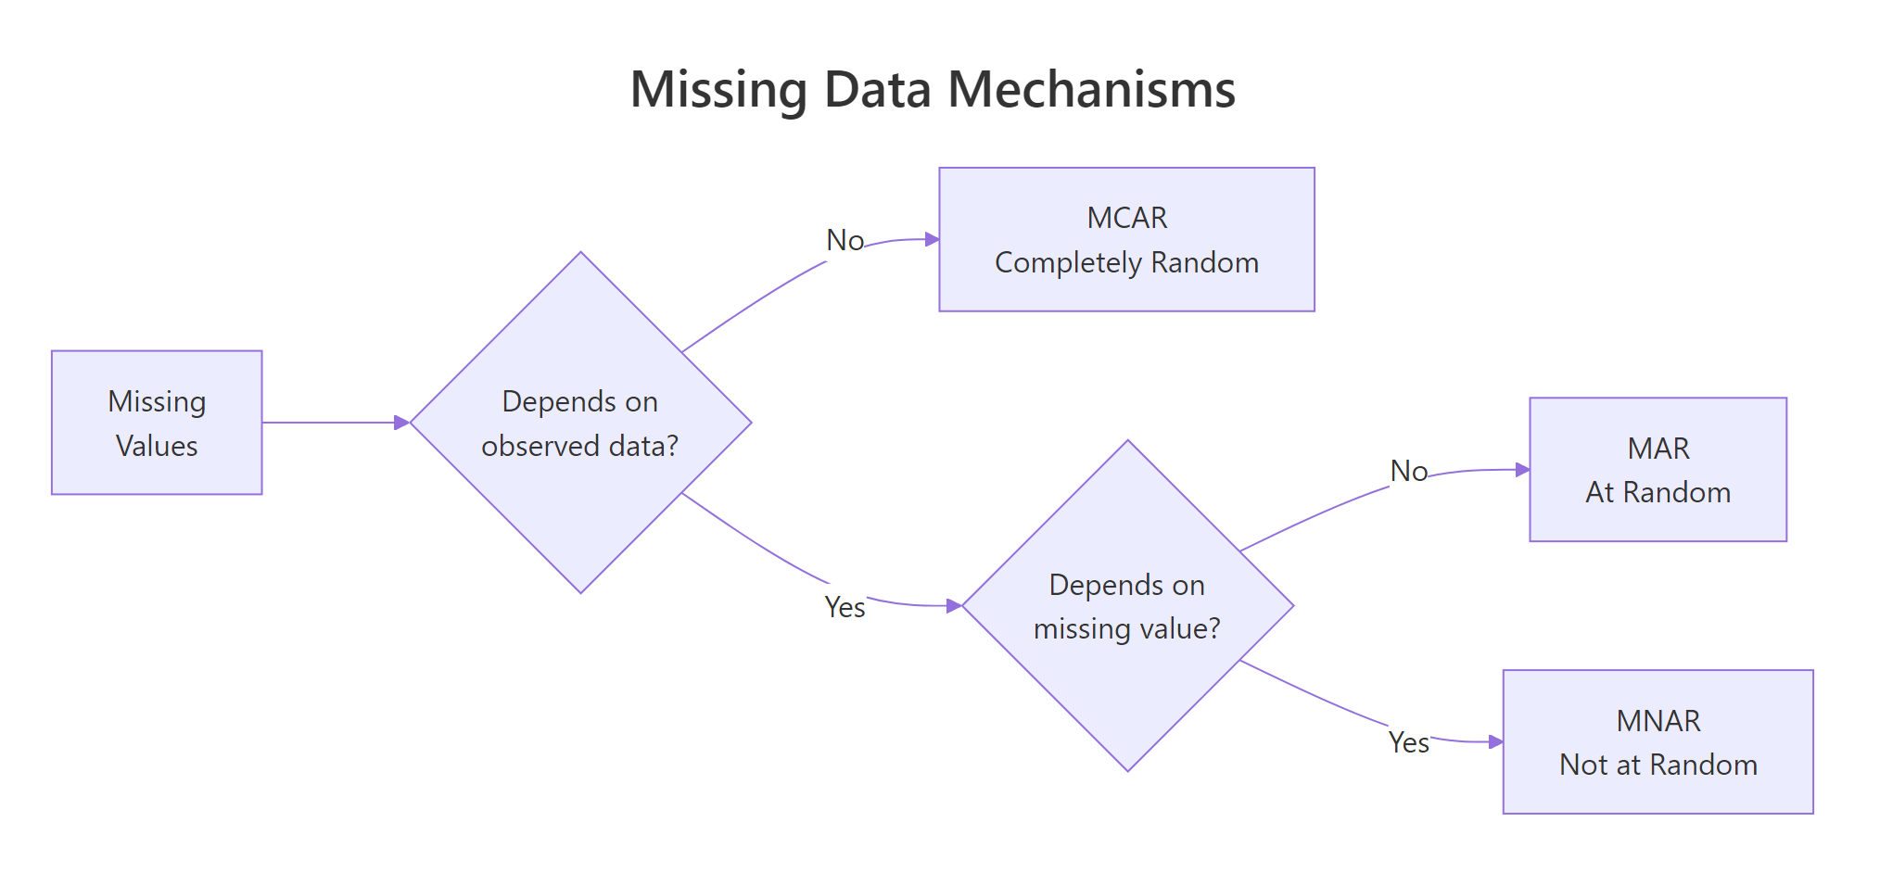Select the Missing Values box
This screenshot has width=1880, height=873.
click(x=157, y=423)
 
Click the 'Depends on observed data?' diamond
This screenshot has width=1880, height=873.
click(x=580, y=423)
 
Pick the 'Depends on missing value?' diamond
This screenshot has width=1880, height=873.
click(x=1127, y=606)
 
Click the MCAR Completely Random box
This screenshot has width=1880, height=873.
click(x=1126, y=239)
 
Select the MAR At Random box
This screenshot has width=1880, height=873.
click(x=1658, y=470)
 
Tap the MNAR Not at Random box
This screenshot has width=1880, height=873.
click(x=1658, y=742)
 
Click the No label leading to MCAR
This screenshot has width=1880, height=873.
click(x=845, y=241)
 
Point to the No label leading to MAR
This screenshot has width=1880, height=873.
click(x=1408, y=472)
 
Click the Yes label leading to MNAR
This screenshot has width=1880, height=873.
click(x=1408, y=742)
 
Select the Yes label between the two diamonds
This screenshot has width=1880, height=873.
click(x=845, y=607)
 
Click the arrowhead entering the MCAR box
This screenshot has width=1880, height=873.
click(x=933, y=239)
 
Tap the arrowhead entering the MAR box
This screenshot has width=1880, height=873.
click(x=1522, y=470)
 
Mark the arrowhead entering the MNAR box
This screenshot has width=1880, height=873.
click(x=1495, y=741)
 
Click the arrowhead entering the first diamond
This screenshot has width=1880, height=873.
click(x=402, y=423)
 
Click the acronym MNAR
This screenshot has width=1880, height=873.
click(x=1658, y=721)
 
